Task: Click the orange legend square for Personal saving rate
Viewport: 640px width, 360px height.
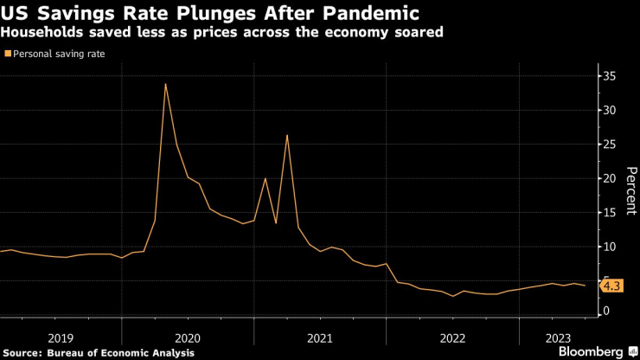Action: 8,54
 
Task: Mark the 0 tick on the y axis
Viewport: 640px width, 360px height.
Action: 608,311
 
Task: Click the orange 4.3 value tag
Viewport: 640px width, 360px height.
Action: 611,286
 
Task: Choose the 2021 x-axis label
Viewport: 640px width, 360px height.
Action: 319,337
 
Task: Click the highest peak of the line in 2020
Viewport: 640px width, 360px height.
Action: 165,84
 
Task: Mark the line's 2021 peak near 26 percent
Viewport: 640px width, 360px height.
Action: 286,135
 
